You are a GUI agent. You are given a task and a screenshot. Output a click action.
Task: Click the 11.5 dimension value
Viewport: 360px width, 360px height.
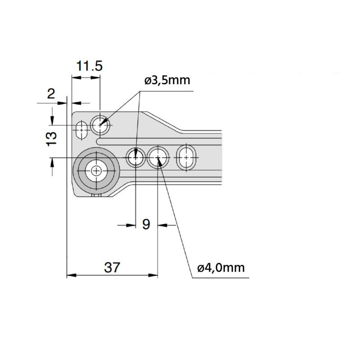[x=89, y=66]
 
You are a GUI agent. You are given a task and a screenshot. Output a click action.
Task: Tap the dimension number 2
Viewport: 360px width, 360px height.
[x=51, y=94]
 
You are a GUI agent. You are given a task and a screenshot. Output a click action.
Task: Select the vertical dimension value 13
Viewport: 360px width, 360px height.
[x=51, y=139]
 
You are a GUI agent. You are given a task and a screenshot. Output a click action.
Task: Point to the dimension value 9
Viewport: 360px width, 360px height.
[x=146, y=224]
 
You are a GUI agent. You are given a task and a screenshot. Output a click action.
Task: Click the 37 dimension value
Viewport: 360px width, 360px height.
[x=112, y=267]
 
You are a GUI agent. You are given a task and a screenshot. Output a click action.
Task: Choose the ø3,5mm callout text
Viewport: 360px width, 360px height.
[x=167, y=81]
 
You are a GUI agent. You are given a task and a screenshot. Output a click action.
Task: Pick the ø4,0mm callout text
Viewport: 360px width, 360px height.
[x=221, y=268]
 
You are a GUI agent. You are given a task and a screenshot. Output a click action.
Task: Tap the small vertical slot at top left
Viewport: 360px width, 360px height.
[x=81, y=130]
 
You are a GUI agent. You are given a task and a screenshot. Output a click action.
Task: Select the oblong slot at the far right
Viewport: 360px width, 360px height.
[x=186, y=157]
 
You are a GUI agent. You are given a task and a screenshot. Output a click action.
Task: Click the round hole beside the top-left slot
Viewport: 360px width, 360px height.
[x=100, y=126]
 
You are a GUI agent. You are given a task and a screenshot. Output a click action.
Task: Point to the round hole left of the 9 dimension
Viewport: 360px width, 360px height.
[x=136, y=158]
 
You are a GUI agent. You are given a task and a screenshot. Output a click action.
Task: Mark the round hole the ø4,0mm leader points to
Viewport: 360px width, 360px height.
[x=158, y=158]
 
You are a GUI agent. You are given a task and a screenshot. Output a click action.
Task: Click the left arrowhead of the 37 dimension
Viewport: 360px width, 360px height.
[x=72, y=275]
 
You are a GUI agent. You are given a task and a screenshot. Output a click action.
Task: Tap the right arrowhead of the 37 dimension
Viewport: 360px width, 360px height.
[x=153, y=275]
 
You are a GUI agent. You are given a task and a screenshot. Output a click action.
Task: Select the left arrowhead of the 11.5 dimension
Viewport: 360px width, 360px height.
[x=76, y=77]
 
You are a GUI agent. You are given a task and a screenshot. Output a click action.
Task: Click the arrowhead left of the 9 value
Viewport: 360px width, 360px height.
[x=131, y=225]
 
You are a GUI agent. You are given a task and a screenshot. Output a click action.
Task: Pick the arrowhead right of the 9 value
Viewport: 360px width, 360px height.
[x=162, y=225]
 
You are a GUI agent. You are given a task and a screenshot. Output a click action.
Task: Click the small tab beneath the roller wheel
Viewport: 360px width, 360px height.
[x=96, y=195]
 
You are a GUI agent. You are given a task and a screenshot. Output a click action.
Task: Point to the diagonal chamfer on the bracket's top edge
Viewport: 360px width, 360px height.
[x=163, y=121]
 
